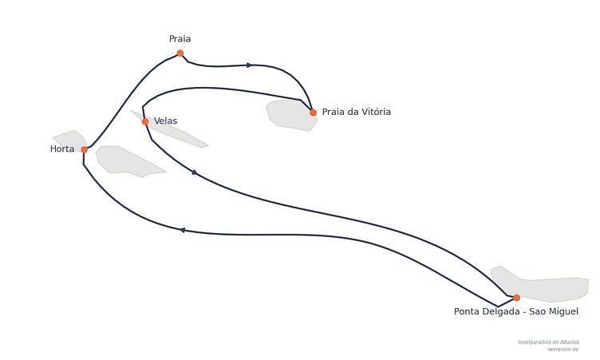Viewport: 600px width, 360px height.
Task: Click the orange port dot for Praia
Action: point(180,53)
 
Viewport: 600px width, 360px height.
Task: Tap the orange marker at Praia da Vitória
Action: point(313,113)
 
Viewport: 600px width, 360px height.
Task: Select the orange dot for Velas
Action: point(145,122)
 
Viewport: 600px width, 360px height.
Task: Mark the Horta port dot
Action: point(85,150)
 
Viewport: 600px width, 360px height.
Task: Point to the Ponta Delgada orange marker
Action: point(516,298)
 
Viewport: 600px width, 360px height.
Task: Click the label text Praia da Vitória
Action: point(356,112)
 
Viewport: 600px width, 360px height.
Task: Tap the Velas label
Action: point(165,121)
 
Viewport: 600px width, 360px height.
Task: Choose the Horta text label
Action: point(62,149)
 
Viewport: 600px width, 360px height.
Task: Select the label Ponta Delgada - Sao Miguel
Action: point(515,311)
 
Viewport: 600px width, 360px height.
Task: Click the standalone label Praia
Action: point(180,38)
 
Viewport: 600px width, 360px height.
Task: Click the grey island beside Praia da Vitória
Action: point(291,115)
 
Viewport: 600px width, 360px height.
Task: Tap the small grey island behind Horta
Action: point(71,140)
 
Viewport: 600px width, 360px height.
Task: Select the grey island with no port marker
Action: point(126,161)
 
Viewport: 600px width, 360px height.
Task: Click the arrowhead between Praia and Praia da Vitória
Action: point(249,65)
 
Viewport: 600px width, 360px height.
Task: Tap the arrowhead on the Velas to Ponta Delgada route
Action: point(195,172)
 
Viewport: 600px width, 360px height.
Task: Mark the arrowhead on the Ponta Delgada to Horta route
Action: point(182,230)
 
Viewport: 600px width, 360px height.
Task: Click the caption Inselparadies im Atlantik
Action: point(548,342)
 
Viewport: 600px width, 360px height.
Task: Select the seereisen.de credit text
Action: point(562,350)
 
